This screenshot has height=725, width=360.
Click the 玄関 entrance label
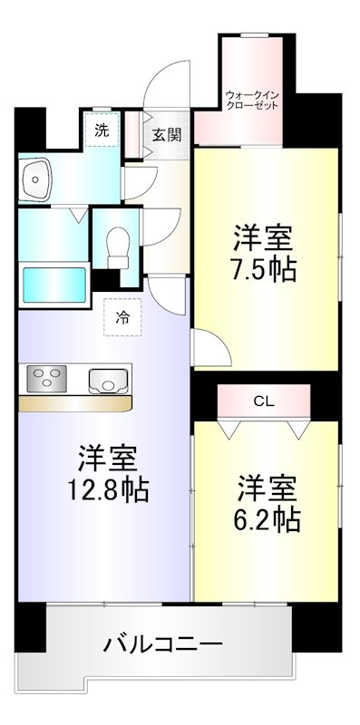click(x=166, y=136)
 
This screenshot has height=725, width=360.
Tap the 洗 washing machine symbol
click(x=102, y=130)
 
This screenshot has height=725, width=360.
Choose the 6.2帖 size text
click(x=270, y=519)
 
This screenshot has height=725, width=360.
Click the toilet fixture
click(x=116, y=245)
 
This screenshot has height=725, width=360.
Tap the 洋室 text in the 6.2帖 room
click(x=270, y=487)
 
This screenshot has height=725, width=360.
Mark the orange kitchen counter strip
click(x=75, y=401)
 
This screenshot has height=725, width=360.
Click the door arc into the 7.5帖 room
click(x=207, y=344)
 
